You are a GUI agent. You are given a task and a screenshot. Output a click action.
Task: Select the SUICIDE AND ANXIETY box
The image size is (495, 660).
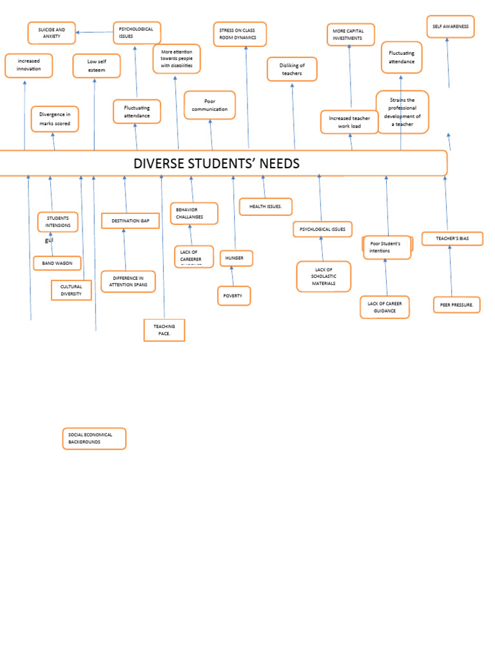pos(52,33)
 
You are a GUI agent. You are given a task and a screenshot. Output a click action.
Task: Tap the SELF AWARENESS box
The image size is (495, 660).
pos(450,26)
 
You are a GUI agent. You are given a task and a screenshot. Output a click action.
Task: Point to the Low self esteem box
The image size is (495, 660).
pos(96,66)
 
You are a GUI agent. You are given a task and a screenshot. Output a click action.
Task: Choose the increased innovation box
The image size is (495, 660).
pos(29,65)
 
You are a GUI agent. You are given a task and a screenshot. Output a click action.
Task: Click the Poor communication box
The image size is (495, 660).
pos(209,105)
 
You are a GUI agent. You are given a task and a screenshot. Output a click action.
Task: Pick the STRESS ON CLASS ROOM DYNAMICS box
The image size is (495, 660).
pos(240,34)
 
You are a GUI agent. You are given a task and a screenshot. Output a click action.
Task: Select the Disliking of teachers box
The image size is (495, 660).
pos(292,69)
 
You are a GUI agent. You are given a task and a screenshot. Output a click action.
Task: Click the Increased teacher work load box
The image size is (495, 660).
pos(349,122)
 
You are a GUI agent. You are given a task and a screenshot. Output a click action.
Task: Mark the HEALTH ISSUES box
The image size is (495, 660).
pos(266,206)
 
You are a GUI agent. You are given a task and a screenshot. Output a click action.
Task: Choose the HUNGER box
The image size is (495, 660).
pos(236,258)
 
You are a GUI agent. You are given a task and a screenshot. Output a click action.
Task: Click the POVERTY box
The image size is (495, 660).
pos(233,296)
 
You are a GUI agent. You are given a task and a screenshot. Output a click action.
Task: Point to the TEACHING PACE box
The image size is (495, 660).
pos(164,330)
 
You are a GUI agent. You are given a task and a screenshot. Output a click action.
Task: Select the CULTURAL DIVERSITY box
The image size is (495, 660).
pos(71,290)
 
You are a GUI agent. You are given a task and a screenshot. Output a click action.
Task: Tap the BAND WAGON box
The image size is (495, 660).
pos(57,263)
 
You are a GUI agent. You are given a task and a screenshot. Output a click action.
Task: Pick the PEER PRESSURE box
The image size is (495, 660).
pos(456,304)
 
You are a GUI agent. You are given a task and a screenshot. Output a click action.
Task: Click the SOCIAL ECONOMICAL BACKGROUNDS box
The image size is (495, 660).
pos(94,438)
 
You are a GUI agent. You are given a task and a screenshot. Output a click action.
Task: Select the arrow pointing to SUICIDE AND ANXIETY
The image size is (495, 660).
pos(94,32)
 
